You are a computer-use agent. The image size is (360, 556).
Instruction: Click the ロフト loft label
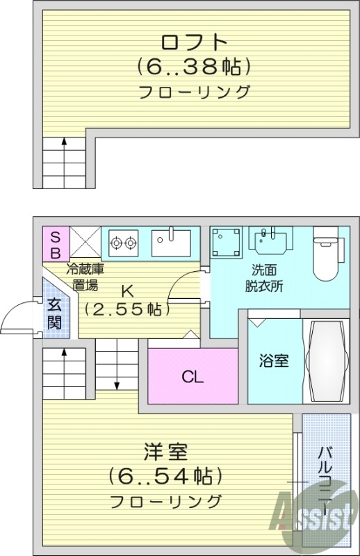(194, 42)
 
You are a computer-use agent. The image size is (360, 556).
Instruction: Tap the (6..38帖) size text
(194, 67)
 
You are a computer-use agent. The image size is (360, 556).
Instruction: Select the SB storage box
(56, 244)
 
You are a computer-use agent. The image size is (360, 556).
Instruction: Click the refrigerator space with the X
(85, 242)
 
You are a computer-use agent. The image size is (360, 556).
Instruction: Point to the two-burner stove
(124, 243)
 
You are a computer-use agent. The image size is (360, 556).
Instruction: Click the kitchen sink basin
(171, 243)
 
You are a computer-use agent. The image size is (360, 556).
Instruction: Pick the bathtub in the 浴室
(327, 361)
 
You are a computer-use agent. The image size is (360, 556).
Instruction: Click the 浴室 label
(273, 361)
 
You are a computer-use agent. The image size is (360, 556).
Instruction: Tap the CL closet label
(193, 377)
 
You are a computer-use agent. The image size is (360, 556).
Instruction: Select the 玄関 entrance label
(55, 313)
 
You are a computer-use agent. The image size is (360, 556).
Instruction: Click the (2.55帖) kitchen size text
(127, 309)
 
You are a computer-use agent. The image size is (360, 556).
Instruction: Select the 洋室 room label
(165, 452)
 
